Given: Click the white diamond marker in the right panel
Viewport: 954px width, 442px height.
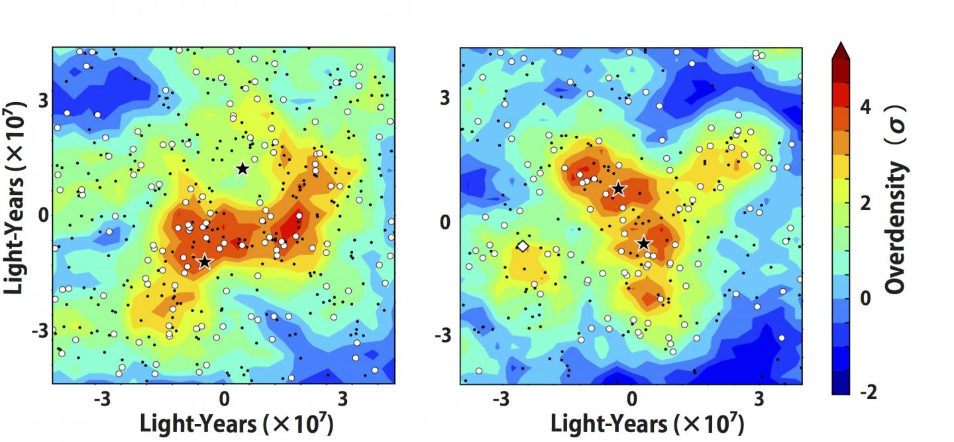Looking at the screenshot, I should (x=522, y=247).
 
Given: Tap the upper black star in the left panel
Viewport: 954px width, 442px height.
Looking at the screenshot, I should (x=242, y=168).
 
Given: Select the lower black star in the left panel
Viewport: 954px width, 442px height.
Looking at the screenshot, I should (x=205, y=262).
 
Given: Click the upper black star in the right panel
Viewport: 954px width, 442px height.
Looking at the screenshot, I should (x=618, y=189).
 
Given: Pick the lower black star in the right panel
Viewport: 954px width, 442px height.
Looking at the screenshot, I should (x=643, y=243).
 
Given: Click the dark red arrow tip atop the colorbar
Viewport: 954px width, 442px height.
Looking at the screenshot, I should (x=840, y=50).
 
